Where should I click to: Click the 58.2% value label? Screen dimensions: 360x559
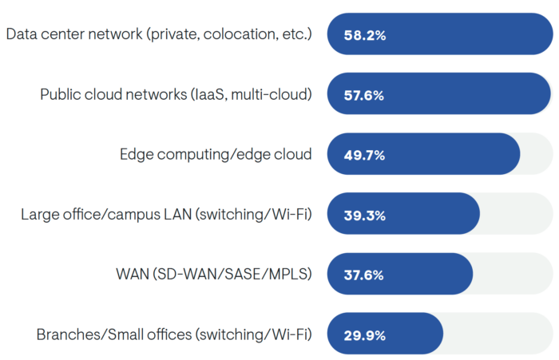tap(364, 35)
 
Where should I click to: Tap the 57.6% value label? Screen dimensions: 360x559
tap(364, 95)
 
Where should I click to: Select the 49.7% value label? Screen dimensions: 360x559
tap(364, 155)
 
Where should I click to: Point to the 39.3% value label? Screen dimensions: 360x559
tap(364, 215)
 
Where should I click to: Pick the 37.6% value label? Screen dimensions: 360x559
tap(364, 275)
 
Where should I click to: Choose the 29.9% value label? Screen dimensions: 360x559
tap(364, 334)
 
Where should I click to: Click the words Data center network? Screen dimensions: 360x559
tap(70, 35)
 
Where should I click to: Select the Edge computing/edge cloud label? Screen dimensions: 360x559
tap(216, 155)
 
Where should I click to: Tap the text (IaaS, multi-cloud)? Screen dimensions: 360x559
tap(251, 95)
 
